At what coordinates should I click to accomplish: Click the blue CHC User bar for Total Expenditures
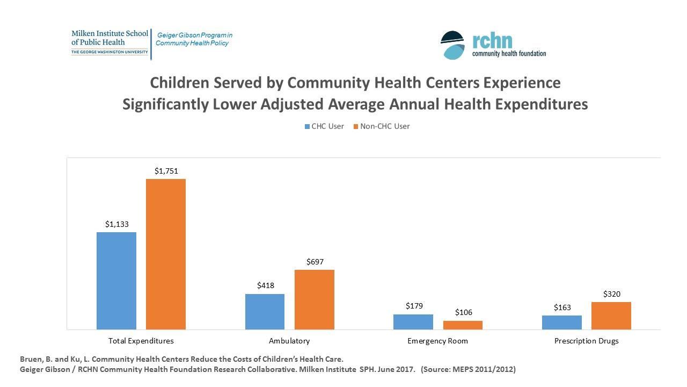pos(116,281)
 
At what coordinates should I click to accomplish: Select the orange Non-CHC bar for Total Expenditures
pos(166,254)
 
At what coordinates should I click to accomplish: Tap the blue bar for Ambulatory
pos(265,312)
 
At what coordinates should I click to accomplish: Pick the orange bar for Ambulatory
pos(315,299)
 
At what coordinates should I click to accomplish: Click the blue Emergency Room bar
pos(413,322)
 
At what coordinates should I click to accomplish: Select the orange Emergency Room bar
pos(463,325)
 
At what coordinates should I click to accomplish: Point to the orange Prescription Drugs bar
pos(611,316)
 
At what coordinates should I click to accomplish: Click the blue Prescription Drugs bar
pos(562,322)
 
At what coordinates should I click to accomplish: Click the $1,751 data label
pos(166,171)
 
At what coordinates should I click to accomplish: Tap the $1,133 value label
pos(116,225)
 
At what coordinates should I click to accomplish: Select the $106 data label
pos(463,312)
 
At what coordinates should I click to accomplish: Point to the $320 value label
pos(612,294)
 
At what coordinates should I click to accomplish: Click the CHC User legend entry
pos(324,126)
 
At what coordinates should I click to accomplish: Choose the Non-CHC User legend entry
pos(381,126)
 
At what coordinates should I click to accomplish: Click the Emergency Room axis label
pos(437,341)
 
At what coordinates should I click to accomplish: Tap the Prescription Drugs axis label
pos(586,341)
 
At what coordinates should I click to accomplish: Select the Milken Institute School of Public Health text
pos(109,38)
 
